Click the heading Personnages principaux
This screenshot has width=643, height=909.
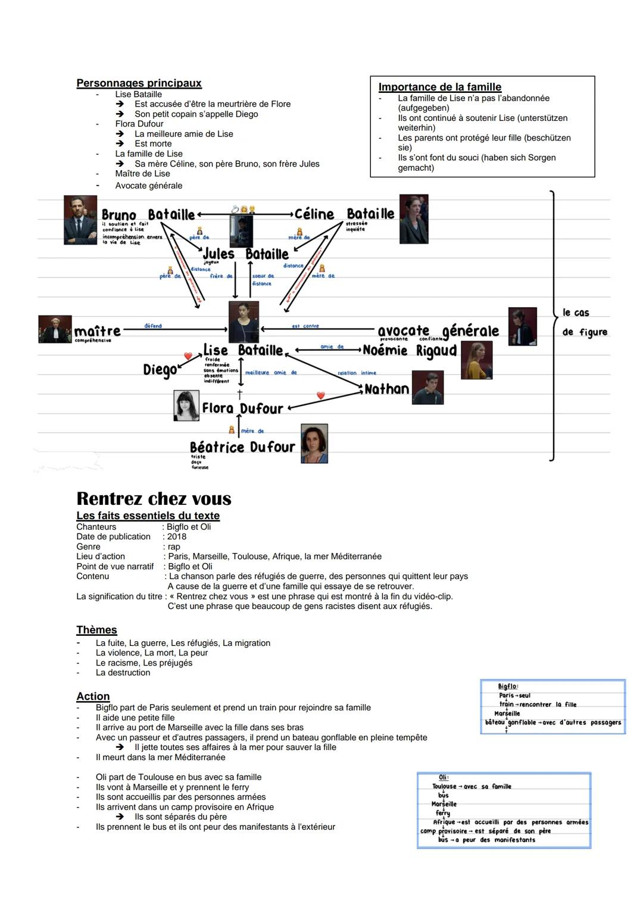pyautogui.click(x=139, y=83)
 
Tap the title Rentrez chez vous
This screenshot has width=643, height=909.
pyautogui.click(x=154, y=498)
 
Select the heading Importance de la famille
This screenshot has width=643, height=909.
pyautogui.click(x=440, y=87)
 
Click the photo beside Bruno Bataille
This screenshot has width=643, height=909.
pyautogui.click(x=80, y=220)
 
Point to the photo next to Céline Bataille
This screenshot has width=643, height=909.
pyautogui.click(x=414, y=218)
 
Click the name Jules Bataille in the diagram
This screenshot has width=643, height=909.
pyautogui.click(x=246, y=254)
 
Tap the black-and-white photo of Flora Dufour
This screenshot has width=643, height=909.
pyautogui.click(x=186, y=406)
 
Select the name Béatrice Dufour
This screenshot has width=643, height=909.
pyautogui.click(x=242, y=447)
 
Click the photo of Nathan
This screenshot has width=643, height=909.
pyautogui.click(x=427, y=388)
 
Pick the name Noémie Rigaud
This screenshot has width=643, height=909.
pyautogui.click(x=410, y=351)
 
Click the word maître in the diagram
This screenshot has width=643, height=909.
pyautogui.click(x=97, y=330)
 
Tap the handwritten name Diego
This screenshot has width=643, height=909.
pyautogui.click(x=160, y=370)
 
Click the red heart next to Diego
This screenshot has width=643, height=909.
pyautogui.click(x=188, y=357)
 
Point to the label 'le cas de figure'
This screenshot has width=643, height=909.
pyautogui.click(x=585, y=322)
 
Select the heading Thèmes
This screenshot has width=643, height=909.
pyautogui.click(x=96, y=630)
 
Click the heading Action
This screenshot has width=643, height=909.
pyautogui.click(x=93, y=696)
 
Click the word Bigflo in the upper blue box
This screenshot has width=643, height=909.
pyautogui.click(x=507, y=686)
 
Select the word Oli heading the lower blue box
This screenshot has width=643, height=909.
pyautogui.click(x=443, y=777)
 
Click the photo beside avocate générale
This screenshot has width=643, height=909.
pyautogui.click(x=522, y=326)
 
